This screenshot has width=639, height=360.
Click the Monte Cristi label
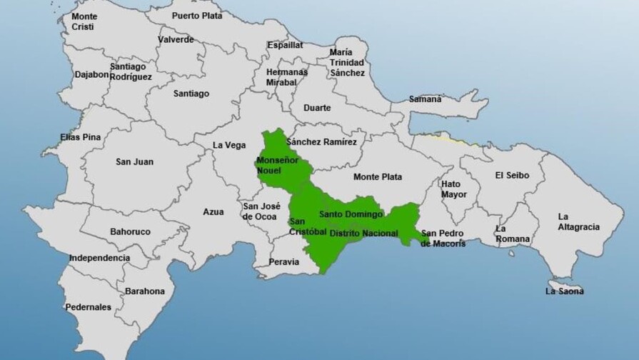coord(84,21)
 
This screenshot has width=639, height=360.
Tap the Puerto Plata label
coord(196,15)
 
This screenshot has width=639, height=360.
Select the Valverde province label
coord(176,40)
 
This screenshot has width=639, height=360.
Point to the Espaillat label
coord(285,45)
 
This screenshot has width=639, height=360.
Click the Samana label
coord(426,99)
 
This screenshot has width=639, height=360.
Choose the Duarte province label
coord(317,108)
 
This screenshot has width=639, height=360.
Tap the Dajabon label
coord(92,74)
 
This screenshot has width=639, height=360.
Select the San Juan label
coord(134,162)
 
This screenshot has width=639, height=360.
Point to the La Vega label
coord(229,145)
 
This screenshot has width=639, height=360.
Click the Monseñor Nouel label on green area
coord(277,166)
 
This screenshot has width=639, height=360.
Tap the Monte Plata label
coord(378,177)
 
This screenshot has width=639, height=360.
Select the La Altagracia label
coord(578,222)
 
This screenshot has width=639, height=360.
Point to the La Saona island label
coord(564,291)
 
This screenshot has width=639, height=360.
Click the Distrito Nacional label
coord(363,233)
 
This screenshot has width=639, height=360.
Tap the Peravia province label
coord(283,262)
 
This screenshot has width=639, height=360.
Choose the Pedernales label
coord(89,307)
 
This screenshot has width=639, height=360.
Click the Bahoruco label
coord(131,232)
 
